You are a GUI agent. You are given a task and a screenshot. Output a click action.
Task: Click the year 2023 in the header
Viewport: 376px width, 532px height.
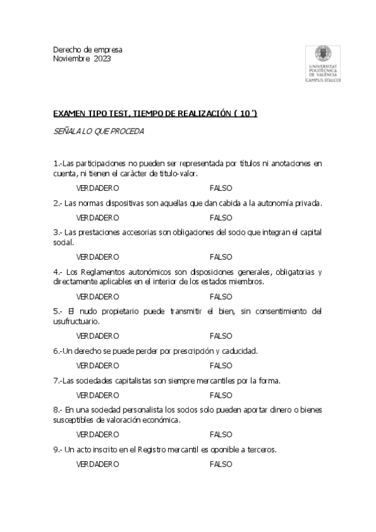102,58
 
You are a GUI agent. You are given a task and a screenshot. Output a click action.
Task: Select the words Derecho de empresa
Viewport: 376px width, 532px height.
88,50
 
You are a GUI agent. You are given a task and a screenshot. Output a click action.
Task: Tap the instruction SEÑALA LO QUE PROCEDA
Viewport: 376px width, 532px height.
99,131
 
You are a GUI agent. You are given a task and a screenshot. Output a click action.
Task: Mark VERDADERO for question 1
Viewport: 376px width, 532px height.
97,188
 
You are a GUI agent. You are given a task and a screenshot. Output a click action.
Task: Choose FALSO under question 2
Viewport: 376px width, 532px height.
221,217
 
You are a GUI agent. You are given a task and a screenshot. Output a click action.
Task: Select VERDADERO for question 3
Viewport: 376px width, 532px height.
97,257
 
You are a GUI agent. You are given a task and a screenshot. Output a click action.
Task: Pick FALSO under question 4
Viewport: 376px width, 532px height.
221,296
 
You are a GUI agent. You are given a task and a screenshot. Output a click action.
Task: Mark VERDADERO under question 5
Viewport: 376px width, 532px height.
97,336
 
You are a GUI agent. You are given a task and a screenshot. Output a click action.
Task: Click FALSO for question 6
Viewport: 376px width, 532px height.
221,365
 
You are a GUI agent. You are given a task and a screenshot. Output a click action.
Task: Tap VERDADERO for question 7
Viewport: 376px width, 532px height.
97,395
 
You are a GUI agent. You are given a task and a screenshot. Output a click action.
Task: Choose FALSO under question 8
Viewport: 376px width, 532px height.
221,434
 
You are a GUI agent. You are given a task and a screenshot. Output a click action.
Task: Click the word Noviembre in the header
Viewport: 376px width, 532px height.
72,58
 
